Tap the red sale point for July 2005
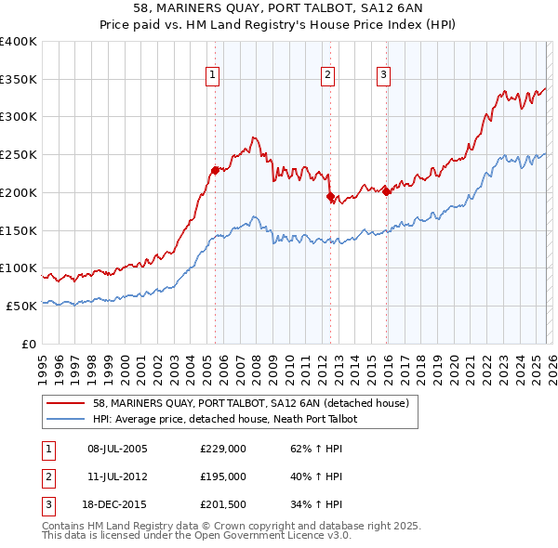click(215, 170)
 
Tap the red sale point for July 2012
click(330, 196)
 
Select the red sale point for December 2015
click(386, 191)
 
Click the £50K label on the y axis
click(20, 306)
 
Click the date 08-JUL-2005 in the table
click(116, 449)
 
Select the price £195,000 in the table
click(223, 476)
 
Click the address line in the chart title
click(279, 11)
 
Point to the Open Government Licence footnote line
click(197, 536)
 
